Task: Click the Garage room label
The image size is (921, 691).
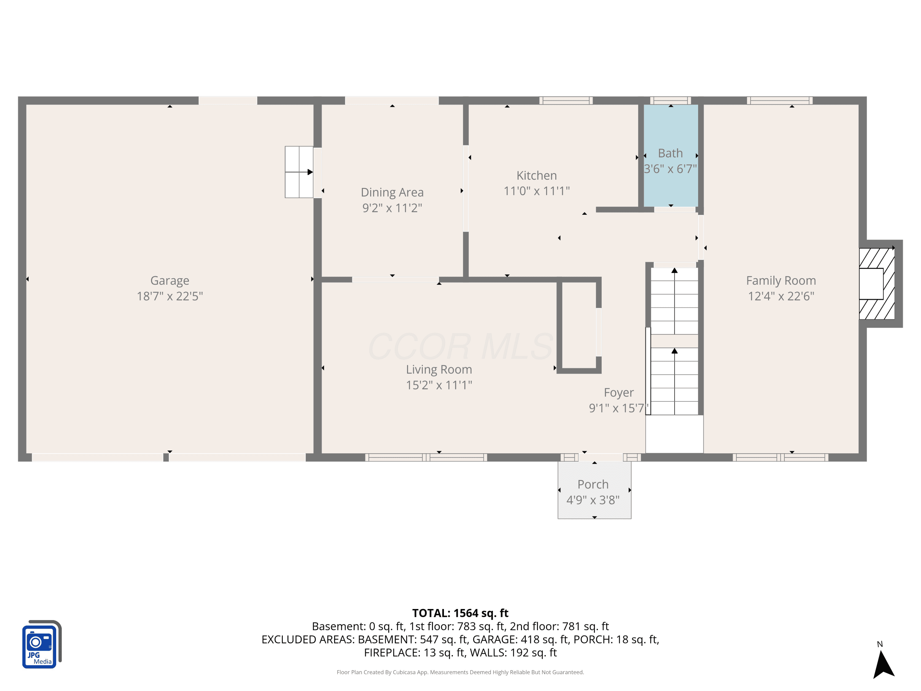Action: [x=169, y=281]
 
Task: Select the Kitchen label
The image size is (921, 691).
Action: [x=536, y=175]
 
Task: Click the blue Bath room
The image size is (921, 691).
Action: [x=670, y=155]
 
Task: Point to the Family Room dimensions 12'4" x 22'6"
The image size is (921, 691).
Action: [x=781, y=296]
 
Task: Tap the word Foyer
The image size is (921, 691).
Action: [x=619, y=393]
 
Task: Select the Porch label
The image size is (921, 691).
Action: [x=593, y=484]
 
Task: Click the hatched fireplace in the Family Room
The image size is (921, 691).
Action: [x=876, y=284]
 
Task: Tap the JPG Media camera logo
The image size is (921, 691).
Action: [x=41, y=644]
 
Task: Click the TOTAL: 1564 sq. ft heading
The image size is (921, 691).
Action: [x=460, y=613]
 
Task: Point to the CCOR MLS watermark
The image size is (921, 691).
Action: [x=460, y=346]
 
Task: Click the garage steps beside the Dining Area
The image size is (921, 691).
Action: [x=299, y=172]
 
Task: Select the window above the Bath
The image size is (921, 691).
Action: [x=670, y=100]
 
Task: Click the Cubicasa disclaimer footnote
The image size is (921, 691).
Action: [x=460, y=672]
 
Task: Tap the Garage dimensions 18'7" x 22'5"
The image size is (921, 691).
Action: [x=169, y=296]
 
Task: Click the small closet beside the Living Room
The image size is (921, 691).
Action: [x=579, y=325]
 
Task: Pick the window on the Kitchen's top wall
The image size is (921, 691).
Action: [x=566, y=100]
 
